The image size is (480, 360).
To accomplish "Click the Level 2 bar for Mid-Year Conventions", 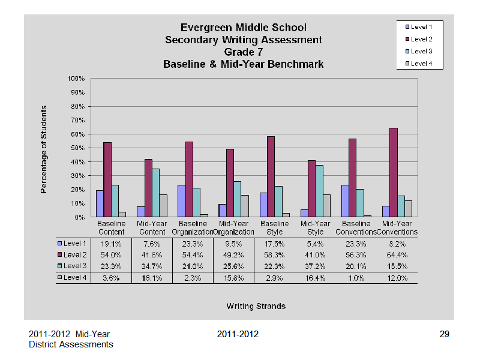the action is click(x=394, y=172).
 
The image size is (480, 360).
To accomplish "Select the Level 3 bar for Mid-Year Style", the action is click(x=319, y=191).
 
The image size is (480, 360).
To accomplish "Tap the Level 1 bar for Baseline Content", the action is click(x=100, y=203).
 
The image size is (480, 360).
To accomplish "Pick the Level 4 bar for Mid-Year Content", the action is click(x=163, y=206).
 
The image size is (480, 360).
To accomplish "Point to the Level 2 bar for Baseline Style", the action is click(x=271, y=176).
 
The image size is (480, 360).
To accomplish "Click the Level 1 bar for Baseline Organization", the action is click(x=182, y=201).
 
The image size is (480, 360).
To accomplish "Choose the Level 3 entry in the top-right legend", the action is click(x=419, y=52).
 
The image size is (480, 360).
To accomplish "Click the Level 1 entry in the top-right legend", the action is click(x=419, y=27).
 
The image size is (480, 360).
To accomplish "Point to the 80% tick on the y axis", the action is click(x=89, y=107).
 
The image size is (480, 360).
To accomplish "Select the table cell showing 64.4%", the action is click(x=397, y=255).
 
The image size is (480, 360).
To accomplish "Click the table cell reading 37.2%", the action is click(x=316, y=266).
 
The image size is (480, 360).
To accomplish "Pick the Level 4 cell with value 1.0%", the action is click(x=356, y=278).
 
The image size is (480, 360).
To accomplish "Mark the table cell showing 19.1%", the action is click(x=111, y=244).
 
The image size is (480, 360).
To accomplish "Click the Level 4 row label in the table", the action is click(x=72, y=278).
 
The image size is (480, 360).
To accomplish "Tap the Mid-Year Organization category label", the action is click(x=233, y=228).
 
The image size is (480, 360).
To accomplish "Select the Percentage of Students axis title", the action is click(x=44, y=149).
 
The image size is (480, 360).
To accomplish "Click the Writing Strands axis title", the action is click(x=256, y=306).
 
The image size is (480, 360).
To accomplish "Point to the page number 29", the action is click(x=444, y=334).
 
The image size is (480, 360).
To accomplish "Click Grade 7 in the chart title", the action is click(x=244, y=52).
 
